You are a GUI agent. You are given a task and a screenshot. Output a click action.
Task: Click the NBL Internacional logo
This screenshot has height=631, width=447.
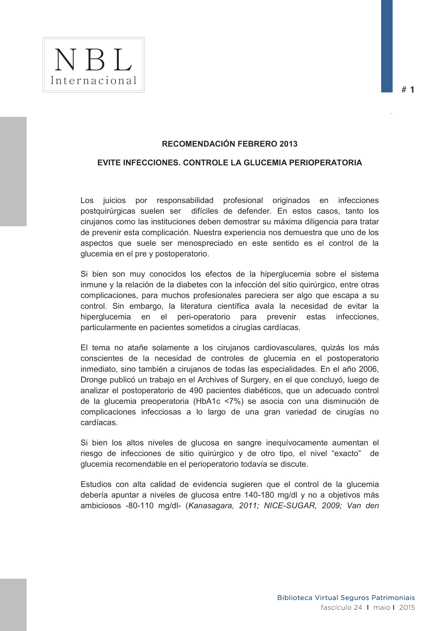93,65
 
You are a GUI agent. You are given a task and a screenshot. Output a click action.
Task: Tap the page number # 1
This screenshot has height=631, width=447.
408,90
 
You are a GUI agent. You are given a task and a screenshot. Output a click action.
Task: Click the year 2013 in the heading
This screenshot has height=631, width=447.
288,144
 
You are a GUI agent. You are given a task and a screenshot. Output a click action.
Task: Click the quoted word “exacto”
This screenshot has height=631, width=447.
347,453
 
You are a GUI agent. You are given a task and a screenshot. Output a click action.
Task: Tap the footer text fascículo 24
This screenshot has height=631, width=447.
341,607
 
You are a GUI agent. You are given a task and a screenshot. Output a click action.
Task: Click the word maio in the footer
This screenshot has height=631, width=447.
382,607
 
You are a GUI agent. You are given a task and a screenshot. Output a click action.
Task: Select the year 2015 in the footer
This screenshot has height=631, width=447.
407,607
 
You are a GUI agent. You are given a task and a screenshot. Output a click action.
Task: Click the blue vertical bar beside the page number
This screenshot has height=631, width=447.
387,46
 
